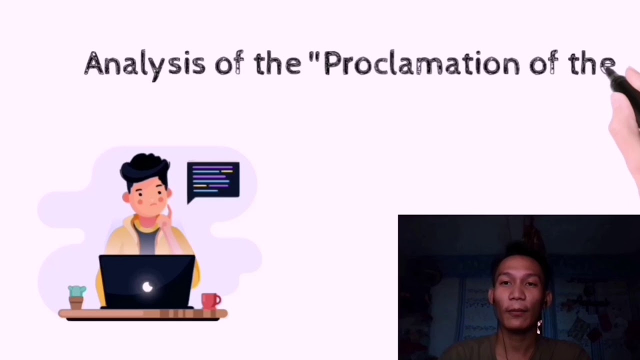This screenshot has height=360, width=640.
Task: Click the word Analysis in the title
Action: tap(145, 65)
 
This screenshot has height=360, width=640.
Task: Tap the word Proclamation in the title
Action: tap(421, 63)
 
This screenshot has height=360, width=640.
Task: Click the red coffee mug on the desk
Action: tap(211, 301)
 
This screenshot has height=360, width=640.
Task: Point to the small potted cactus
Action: tap(77, 297)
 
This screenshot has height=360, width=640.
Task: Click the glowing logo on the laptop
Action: tap(147, 286)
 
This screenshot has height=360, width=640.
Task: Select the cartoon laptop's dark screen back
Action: tap(147, 281)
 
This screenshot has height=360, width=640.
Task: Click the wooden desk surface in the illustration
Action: tap(143, 314)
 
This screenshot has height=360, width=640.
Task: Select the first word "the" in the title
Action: tap(277, 63)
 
